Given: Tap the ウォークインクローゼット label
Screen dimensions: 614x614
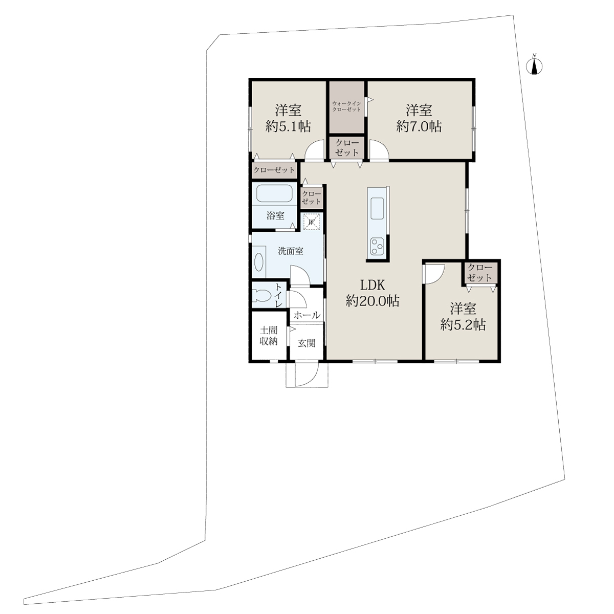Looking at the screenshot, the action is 346,106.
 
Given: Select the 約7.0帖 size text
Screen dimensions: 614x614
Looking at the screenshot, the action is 419,126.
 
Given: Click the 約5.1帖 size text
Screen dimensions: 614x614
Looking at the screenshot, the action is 289,126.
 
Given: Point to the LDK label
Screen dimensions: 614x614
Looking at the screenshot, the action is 372,285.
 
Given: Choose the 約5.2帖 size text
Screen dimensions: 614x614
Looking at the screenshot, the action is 463,325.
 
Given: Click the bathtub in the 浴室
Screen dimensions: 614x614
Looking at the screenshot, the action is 274,193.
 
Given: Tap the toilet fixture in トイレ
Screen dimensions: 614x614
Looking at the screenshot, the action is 261,295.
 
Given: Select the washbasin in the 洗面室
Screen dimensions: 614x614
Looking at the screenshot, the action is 259,262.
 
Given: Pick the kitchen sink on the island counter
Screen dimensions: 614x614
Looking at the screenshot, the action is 377,208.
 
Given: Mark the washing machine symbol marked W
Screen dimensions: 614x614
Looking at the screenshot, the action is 311,221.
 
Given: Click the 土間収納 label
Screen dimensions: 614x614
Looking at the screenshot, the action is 269,336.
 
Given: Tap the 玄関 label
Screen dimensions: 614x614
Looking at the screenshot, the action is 306,343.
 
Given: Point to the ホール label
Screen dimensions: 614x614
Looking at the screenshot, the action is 307,315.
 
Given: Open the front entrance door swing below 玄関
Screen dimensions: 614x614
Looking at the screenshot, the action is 307,375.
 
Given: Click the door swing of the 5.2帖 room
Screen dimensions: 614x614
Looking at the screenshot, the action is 434,274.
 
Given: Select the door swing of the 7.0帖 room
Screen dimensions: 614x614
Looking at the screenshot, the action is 379,149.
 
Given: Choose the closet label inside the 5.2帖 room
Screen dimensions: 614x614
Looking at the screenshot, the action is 480,272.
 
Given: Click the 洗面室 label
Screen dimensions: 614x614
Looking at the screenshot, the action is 290,251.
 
